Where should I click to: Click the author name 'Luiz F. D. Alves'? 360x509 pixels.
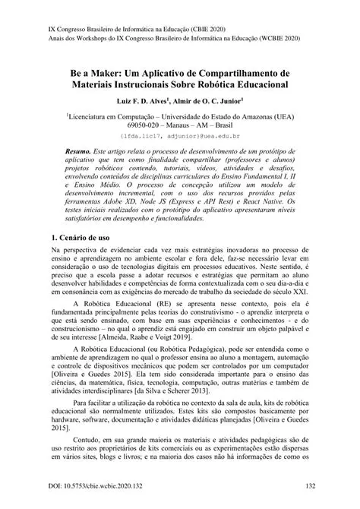[147, 100]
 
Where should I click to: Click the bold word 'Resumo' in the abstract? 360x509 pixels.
[81, 153]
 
